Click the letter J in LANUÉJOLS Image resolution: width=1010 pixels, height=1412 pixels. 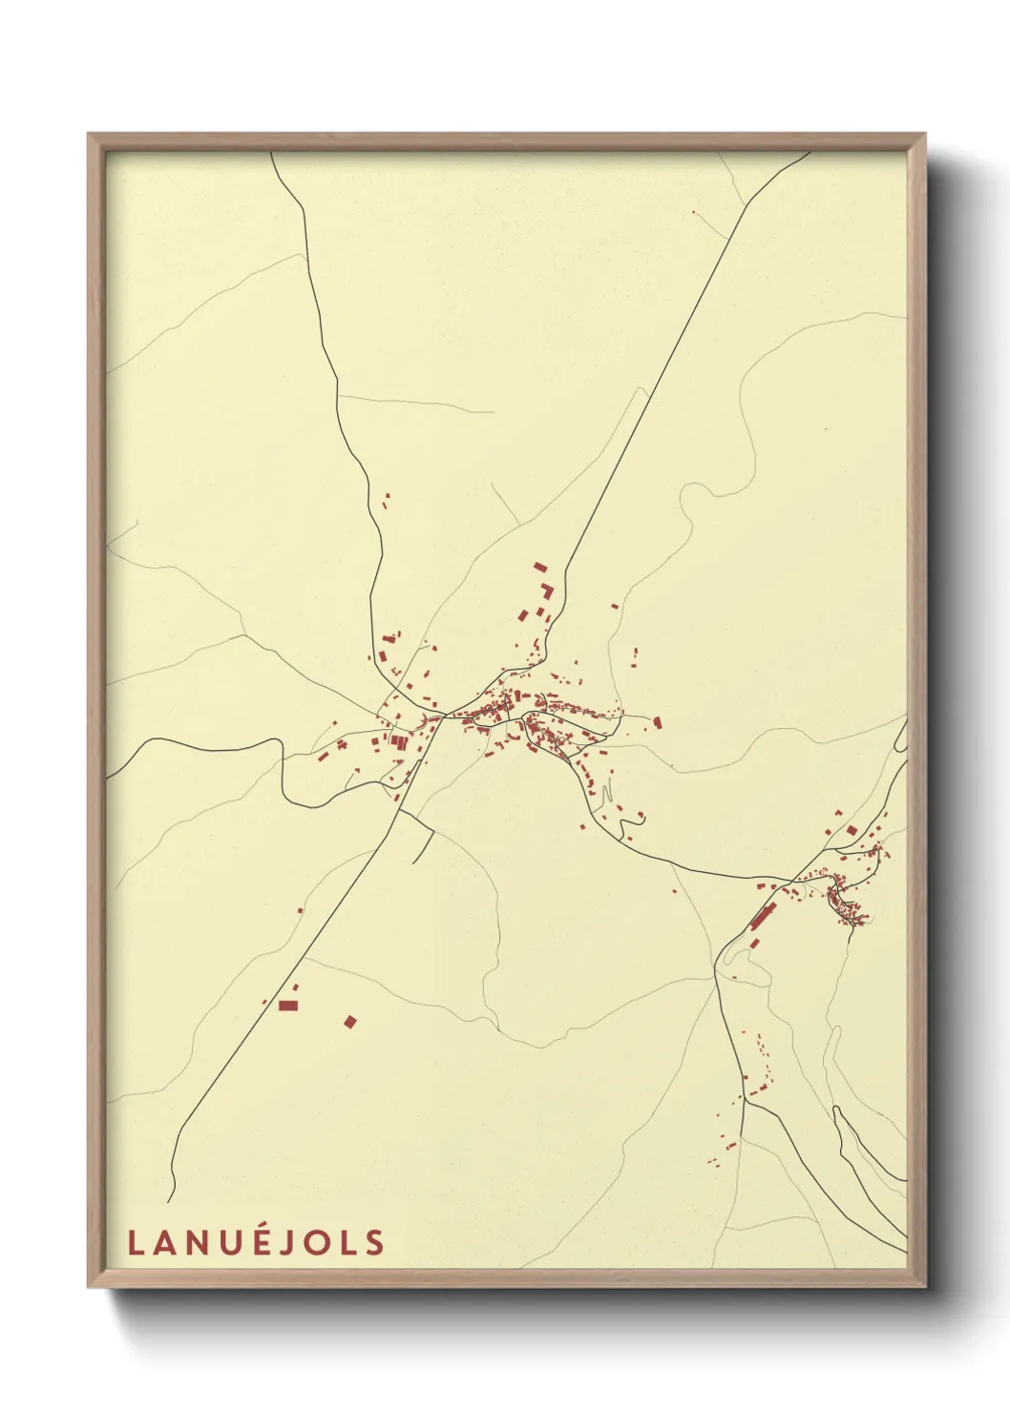click(x=292, y=1242)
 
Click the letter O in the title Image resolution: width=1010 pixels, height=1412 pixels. click(x=320, y=1242)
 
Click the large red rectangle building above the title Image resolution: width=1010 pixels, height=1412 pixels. click(x=287, y=1005)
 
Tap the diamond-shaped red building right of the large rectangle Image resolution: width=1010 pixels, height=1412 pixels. click(x=350, y=1022)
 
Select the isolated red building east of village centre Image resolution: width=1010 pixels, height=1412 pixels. click(x=657, y=723)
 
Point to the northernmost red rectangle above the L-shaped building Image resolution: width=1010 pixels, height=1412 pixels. click(x=539, y=567)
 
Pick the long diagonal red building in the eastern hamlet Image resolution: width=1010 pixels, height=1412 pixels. click(x=761, y=918)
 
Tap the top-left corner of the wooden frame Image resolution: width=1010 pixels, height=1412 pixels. click(x=90, y=135)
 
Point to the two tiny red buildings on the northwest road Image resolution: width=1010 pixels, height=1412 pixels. click(x=387, y=497)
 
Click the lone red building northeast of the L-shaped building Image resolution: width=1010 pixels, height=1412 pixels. click(x=615, y=605)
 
